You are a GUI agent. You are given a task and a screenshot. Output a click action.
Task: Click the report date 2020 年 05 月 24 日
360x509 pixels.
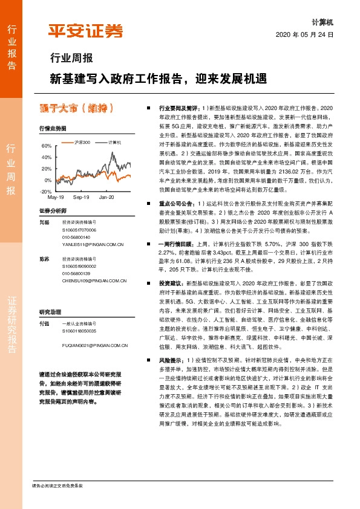[304, 34]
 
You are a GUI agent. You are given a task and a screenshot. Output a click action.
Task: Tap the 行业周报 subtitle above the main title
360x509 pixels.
[71, 59]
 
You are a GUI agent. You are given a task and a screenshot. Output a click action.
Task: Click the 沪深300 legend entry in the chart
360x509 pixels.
[77, 142]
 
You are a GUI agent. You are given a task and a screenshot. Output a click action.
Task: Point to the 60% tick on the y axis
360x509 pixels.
[46, 146]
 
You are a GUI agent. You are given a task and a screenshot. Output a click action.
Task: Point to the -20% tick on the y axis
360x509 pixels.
[45, 191]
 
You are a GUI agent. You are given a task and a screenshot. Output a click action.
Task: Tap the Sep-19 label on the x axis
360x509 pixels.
[81, 197]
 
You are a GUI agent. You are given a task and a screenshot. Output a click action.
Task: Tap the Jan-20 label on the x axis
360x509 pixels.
[107, 197]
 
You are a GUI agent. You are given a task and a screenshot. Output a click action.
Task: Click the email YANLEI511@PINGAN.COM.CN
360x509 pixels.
[94, 244]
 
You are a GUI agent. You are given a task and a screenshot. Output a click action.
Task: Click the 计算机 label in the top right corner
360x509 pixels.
[322, 21]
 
